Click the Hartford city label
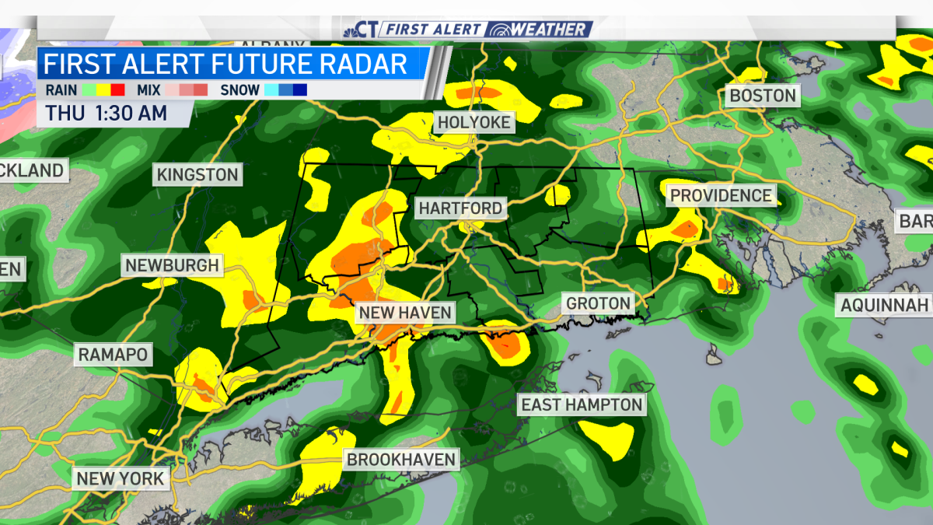(x=460, y=208)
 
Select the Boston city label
(x=762, y=96)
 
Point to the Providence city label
(x=722, y=195)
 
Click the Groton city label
(x=599, y=303)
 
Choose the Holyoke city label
(x=473, y=123)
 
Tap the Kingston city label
(x=197, y=175)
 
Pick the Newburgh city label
(x=173, y=266)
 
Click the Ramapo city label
(x=113, y=355)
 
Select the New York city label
(x=121, y=478)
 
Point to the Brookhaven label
(x=401, y=460)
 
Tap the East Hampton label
(x=582, y=404)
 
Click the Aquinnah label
(x=885, y=305)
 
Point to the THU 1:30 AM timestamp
(x=107, y=113)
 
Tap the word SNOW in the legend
(x=239, y=90)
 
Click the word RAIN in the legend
(x=61, y=90)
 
